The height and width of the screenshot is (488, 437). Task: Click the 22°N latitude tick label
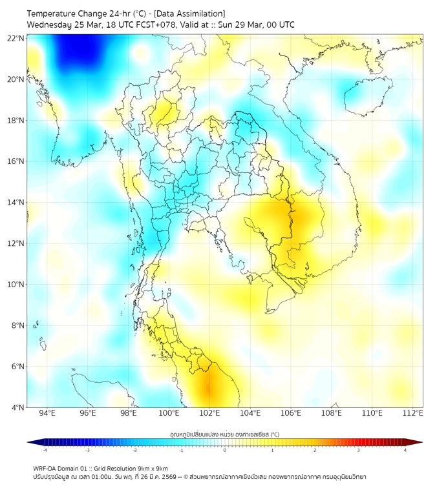(16, 38)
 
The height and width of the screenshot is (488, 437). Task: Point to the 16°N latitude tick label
(16, 161)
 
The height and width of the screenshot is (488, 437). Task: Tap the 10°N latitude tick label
(16, 285)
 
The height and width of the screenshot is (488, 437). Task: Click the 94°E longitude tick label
(47, 413)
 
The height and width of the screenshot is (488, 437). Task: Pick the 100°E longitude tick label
(169, 413)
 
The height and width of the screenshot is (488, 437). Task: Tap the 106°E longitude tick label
(291, 413)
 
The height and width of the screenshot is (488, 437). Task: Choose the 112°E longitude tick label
(413, 413)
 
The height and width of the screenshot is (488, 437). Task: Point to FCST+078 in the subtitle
(153, 25)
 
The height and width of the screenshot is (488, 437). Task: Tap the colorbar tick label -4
(44, 450)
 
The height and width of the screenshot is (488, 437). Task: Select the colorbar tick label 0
(224, 450)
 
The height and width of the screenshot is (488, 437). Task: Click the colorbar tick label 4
(405, 450)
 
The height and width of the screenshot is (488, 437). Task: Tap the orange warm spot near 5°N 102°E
(208, 388)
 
